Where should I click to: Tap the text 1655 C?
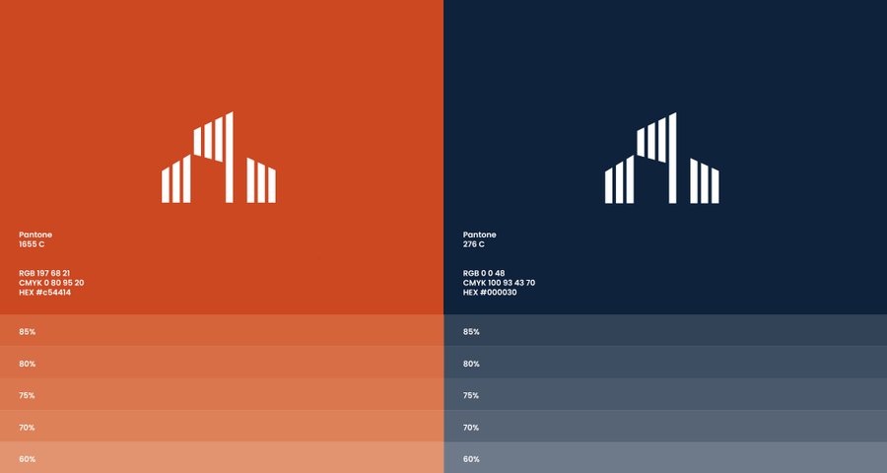click(x=32, y=244)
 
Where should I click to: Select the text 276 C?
click(x=473, y=244)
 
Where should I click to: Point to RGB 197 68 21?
click(x=44, y=273)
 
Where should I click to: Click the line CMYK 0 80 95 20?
click(x=51, y=283)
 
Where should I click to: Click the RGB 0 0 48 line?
click(x=484, y=273)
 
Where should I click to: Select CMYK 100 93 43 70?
click(x=499, y=283)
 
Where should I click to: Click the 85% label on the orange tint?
click(x=28, y=331)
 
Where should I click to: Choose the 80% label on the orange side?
click(x=28, y=364)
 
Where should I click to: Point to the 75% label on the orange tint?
click(x=28, y=395)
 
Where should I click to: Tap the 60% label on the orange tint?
click(x=28, y=459)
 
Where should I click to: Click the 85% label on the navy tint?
click(x=471, y=331)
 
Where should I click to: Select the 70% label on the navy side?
click(x=471, y=428)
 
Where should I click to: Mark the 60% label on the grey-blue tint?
click(x=471, y=459)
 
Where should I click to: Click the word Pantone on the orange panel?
click(x=35, y=235)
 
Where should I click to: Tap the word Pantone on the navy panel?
click(x=480, y=235)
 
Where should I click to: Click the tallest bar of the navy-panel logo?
click(x=672, y=158)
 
